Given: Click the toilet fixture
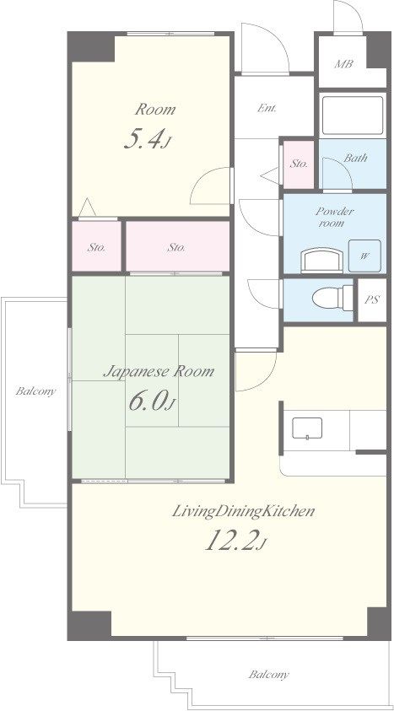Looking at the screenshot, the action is pos(332,298).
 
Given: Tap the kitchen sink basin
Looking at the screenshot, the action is pos(307,428).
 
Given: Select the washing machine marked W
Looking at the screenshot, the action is pos(364,256).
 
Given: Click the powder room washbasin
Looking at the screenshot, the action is pos(322,261).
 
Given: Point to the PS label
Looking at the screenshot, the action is pos(372,299).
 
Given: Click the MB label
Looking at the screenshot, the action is pos(343,64).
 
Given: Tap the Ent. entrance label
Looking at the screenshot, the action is pos(267,108).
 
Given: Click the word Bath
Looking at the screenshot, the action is pos(355,159).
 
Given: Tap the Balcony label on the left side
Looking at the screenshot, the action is pos(35,391).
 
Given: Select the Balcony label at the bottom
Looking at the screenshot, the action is pos(269,675).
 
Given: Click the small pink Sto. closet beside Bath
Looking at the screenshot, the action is pos(299,164).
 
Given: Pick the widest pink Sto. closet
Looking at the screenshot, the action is pos(177,246).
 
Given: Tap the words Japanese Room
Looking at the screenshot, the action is pos(159,372).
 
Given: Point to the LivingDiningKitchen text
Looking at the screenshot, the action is pos(244,512).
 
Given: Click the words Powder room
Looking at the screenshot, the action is pos(335,218).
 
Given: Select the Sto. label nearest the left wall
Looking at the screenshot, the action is pos(96,248).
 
